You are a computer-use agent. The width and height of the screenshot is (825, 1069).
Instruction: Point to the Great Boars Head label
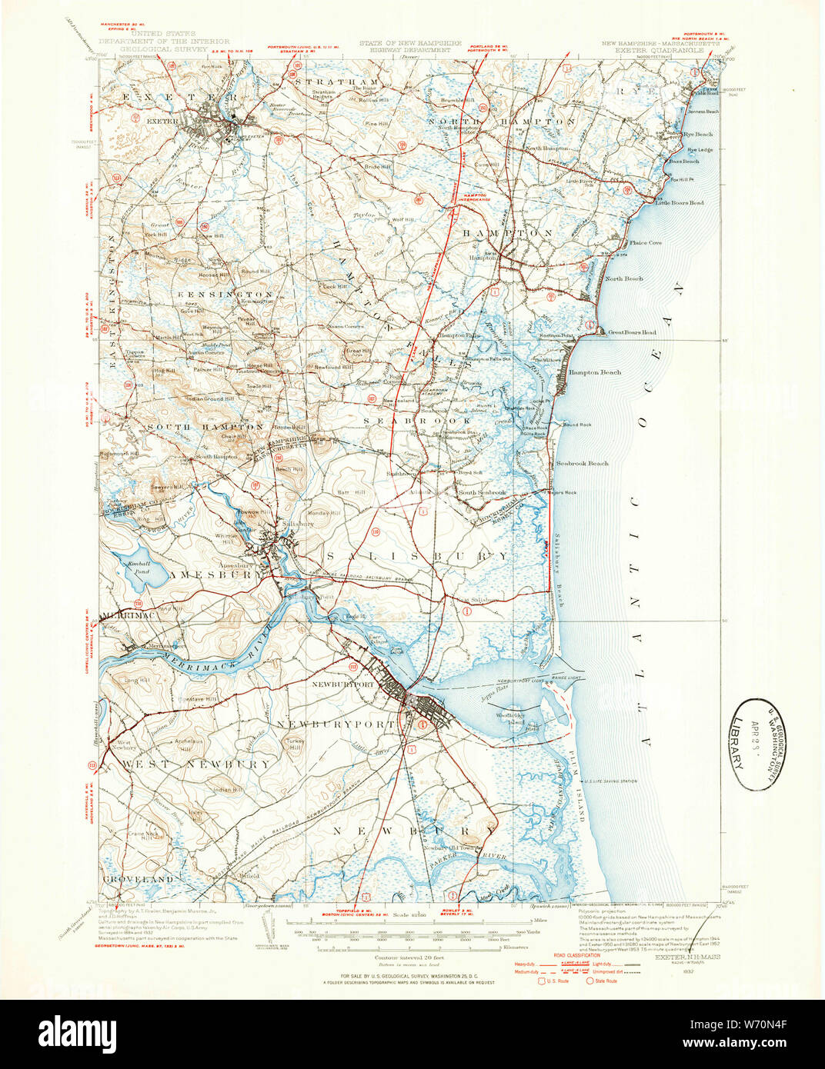tap(632, 332)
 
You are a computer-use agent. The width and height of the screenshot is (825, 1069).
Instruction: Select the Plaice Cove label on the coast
tap(645, 242)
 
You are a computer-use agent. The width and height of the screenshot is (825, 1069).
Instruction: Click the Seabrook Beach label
tap(582, 463)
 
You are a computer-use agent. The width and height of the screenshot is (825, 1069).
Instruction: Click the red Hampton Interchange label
tap(476, 197)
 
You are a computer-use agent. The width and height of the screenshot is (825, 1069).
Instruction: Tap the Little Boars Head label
tap(680, 202)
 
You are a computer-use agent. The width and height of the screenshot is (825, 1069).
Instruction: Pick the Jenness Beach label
tap(702, 112)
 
